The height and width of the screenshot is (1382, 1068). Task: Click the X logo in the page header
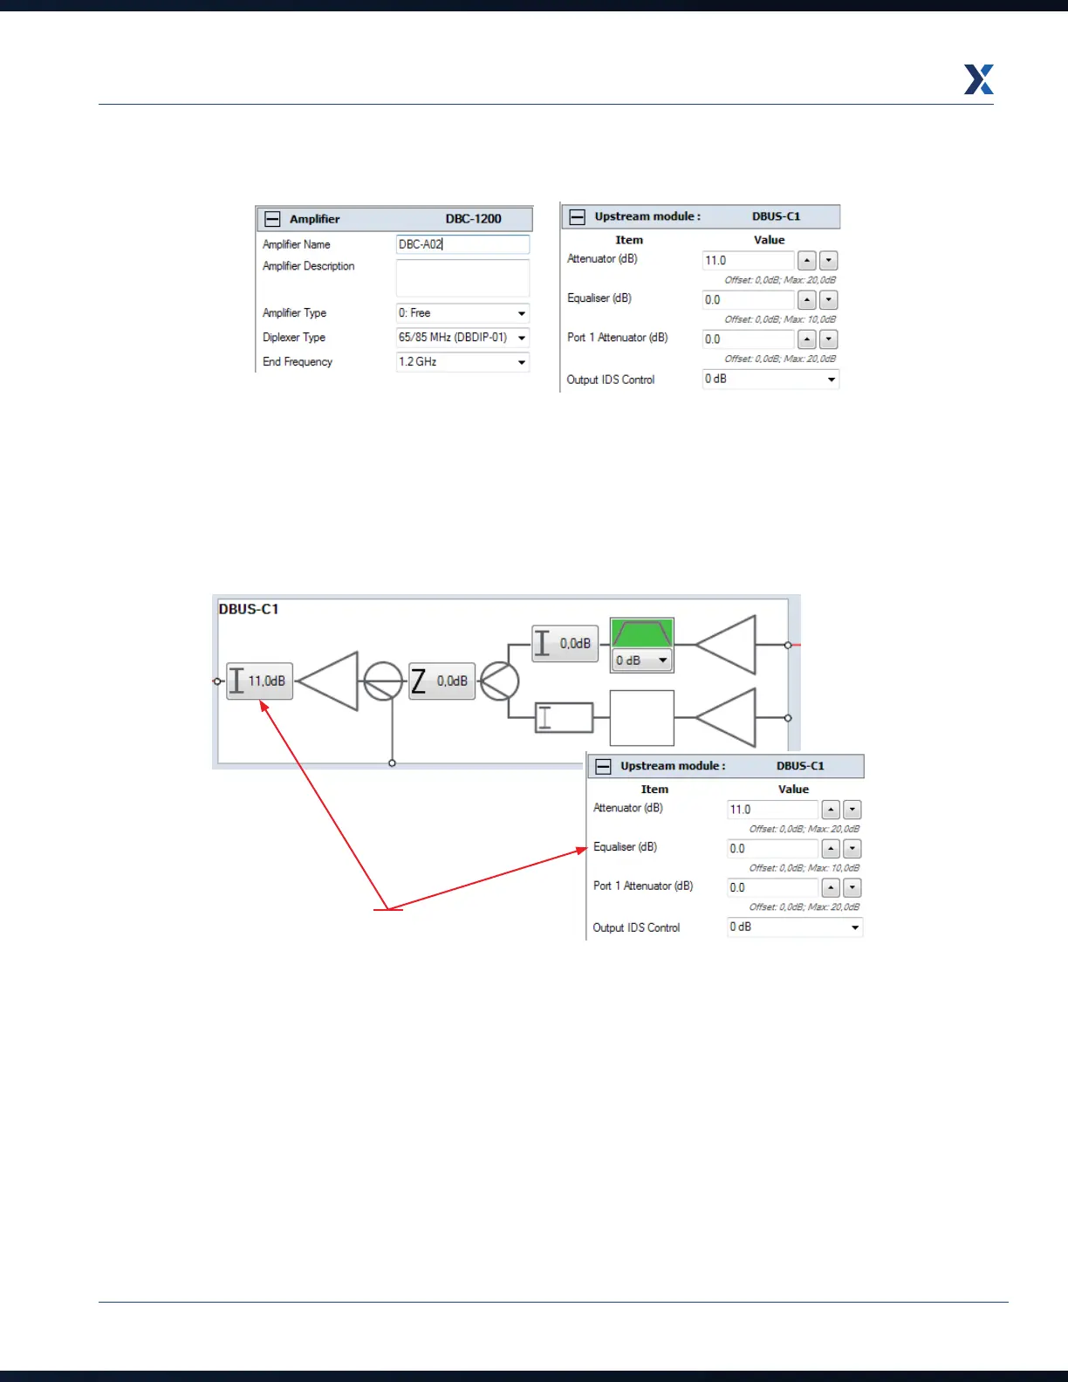pyautogui.click(x=978, y=79)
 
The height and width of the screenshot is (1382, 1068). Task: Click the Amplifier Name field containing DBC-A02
pyautogui.click(x=462, y=244)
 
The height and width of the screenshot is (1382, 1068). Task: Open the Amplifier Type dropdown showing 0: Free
pyautogui.click(x=462, y=313)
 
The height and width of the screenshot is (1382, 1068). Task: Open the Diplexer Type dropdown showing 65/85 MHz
pyautogui.click(x=462, y=338)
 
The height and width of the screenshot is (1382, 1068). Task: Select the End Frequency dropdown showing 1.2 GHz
pyautogui.click(x=462, y=362)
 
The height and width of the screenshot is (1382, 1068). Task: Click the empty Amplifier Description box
pyautogui.click(x=462, y=278)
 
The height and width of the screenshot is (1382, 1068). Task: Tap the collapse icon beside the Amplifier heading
pyautogui.click(x=273, y=219)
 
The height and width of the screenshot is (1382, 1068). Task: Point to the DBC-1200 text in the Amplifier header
pyautogui.click(x=473, y=219)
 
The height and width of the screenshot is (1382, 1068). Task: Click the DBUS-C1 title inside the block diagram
pyautogui.click(x=249, y=609)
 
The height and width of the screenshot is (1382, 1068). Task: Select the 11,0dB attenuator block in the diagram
pyautogui.click(x=259, y=681)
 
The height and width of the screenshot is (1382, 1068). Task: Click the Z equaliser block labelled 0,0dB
pyautogui.click(x=442, y=681)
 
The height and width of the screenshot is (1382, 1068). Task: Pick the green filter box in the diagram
pyautogui.click(x=641, y=633)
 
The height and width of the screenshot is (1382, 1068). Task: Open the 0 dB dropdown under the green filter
pyautogui.click(x=641, y=660)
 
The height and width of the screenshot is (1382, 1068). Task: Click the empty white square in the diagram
pyautogui.click(x=641, y=718)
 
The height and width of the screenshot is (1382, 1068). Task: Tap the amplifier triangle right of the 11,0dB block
pyautogui.click(x=330, y=681)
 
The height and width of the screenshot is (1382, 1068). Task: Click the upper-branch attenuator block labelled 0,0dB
pyautogui.click(x=565, y=644)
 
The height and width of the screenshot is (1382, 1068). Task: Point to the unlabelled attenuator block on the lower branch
pyautogui.click(x=564, y=718)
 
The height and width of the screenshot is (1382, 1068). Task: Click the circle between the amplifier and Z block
pyautogui.click(x=382, y=681)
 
